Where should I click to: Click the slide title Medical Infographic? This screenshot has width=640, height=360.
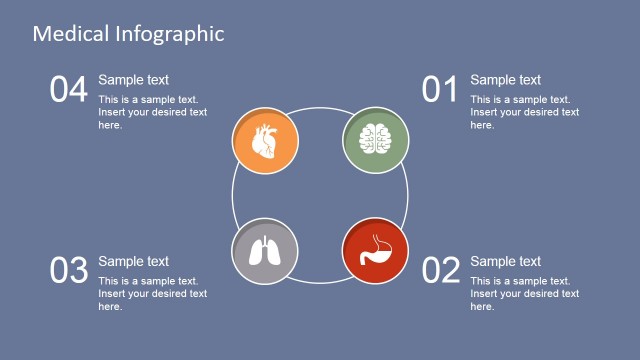coord(128,33)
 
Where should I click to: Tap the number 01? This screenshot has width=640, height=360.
coord(440,90)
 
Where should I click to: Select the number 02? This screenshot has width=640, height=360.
coord(441,270)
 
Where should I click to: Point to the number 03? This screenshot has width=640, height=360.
coord(69,270)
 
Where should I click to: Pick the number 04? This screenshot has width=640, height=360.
coord(69,90)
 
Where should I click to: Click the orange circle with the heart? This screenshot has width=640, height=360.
coord(265,141)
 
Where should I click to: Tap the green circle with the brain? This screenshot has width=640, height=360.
coord(376,139)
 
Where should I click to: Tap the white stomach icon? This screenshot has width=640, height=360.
coord(375,250)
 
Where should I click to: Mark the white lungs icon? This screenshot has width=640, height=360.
coord(264,252)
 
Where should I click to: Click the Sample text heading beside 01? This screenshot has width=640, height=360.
coord(505,80)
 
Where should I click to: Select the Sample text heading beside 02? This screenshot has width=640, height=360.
coord(505,262)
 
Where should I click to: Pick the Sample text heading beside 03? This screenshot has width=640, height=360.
coord(133,262)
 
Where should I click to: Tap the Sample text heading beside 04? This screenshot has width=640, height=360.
coord(133,80)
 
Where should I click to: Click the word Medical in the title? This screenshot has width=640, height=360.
coord(69,33)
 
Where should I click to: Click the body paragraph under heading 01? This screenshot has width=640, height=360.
coord(525,112)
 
